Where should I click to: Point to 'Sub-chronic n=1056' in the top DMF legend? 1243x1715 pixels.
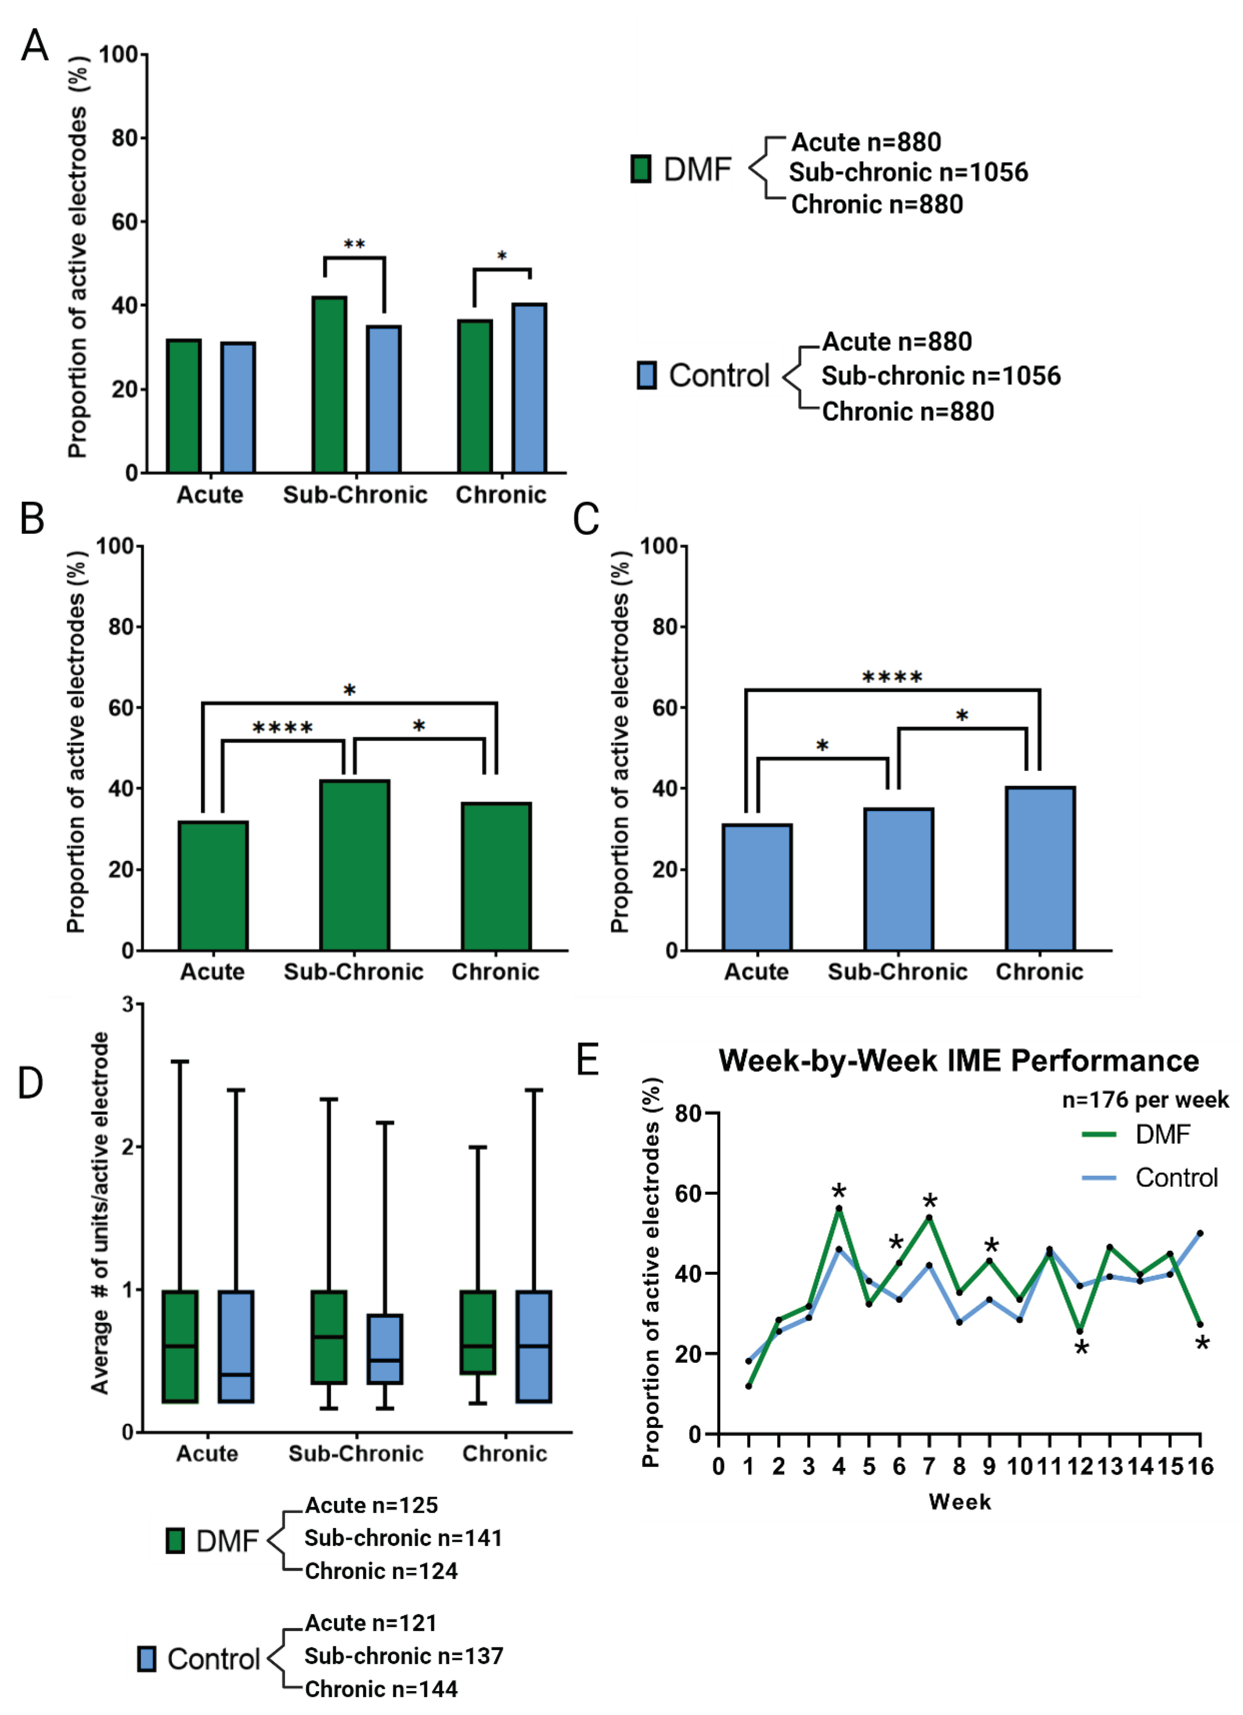click(908, 172)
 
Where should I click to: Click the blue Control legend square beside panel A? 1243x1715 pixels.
click(646, 375)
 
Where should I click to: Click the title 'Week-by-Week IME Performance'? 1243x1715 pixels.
click(958, 1061)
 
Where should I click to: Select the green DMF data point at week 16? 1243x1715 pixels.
click(1200, 1324)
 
